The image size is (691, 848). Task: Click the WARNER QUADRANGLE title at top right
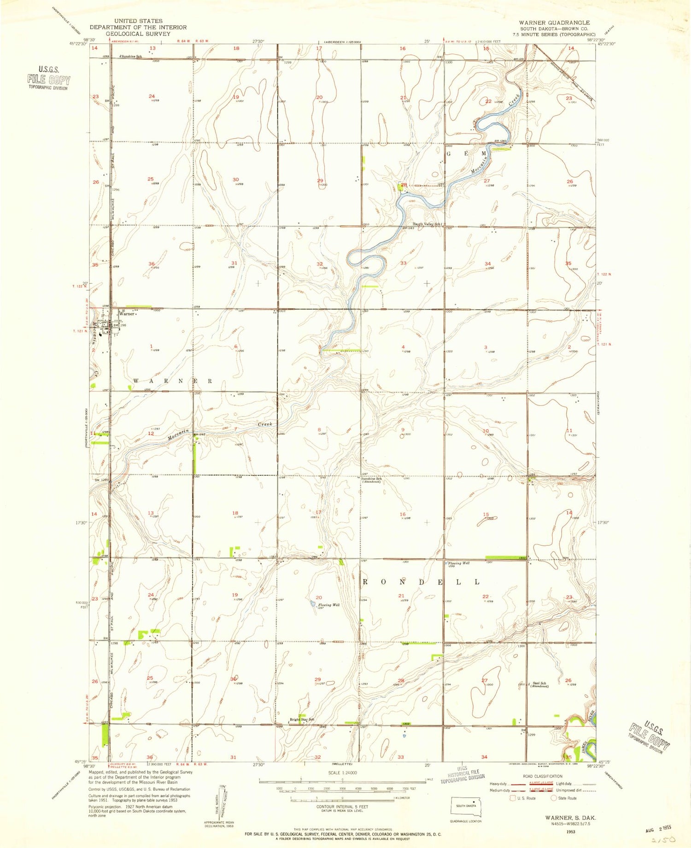[554, 23]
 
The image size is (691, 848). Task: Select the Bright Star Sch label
[302, 719]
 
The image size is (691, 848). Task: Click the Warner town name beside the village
[127, 314]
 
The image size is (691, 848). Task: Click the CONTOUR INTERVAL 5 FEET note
[341, 807]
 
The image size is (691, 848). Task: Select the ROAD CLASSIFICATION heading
[542, 776]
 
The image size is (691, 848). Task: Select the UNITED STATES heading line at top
[138, 21]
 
